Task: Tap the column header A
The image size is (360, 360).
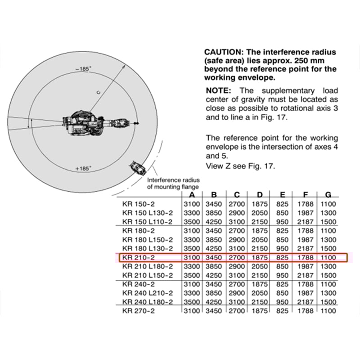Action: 192,195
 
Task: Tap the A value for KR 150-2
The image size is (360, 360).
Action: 192,204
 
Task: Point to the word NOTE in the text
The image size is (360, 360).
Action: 219,90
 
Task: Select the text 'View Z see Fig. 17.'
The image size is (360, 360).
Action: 240,166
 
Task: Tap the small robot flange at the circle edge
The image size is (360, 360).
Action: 137,168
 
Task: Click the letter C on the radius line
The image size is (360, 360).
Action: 98,91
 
